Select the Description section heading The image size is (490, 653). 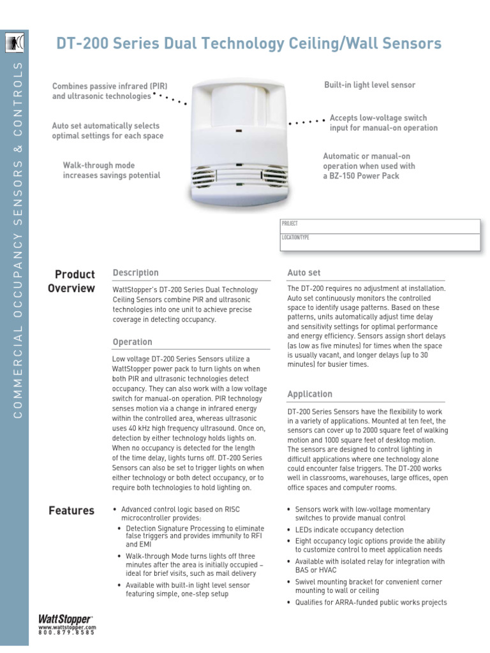pos(135,273)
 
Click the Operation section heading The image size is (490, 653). pos(132,342)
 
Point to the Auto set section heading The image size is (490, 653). pos(304,273)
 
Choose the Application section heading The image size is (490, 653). pos(309,394)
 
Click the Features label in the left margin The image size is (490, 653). pos(71,511)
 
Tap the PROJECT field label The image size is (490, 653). pos(290,224)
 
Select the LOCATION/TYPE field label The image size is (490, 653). pos(295,237)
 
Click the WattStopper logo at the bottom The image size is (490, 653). pos(66,619)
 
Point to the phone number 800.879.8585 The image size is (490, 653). pos(66,633)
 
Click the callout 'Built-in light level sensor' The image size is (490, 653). pos(369,85)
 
